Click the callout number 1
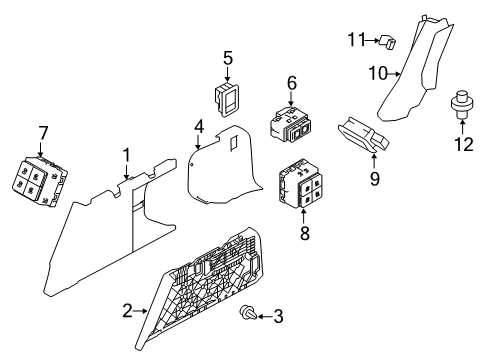(127, 154)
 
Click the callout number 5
(228, 59)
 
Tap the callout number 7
(42, 132)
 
